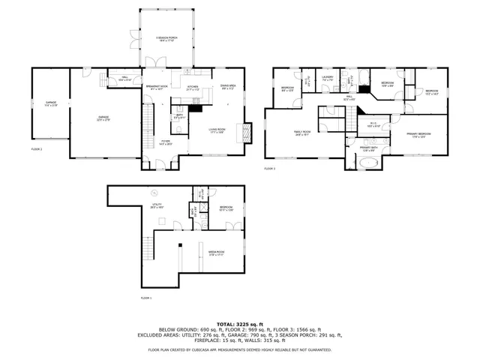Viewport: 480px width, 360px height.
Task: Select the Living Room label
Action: click(x=218, y=132)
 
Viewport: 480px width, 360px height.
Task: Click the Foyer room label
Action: click(x=166, y=143)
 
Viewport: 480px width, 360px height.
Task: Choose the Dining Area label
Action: click(x=228, y=88)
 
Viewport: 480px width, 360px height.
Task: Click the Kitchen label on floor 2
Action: click(x=193, y=88)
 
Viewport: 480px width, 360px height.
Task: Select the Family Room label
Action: click(x=302, y=133)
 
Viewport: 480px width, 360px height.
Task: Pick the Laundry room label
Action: click(x=328, y=79)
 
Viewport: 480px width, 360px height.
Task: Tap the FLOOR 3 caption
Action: click(x=270, y=169)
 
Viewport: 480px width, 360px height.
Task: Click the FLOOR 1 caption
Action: click(x=146, y=298)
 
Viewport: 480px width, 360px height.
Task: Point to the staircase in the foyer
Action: click(x=148, y=120)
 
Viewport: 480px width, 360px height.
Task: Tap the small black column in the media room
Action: click(x=180, y=245)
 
